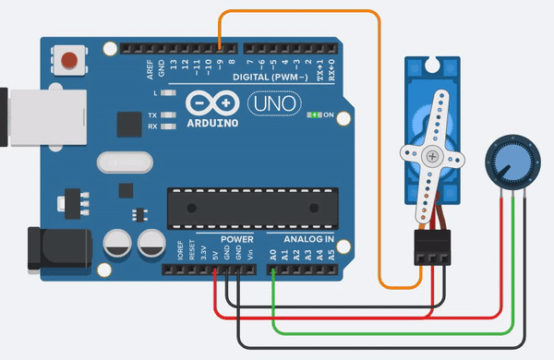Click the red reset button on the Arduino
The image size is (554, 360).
coord(67,63)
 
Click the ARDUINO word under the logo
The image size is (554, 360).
coord(212,122)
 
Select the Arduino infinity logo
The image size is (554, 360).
coord(211,102)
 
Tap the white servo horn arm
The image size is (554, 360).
coord(428,166)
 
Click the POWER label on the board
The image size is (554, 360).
coord(236,240)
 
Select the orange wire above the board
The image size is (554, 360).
coord(305,12)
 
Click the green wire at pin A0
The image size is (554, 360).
coord(273,295)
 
